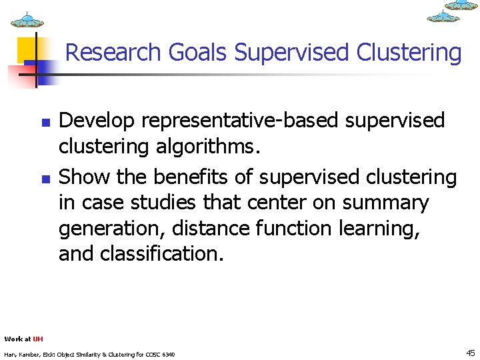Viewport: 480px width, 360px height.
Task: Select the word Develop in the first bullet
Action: pos(97,121)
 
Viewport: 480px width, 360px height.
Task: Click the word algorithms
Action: pos(215,146)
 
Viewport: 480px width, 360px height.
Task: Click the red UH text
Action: pos(38,339)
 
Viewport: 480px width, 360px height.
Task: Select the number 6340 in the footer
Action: pos(167,354)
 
